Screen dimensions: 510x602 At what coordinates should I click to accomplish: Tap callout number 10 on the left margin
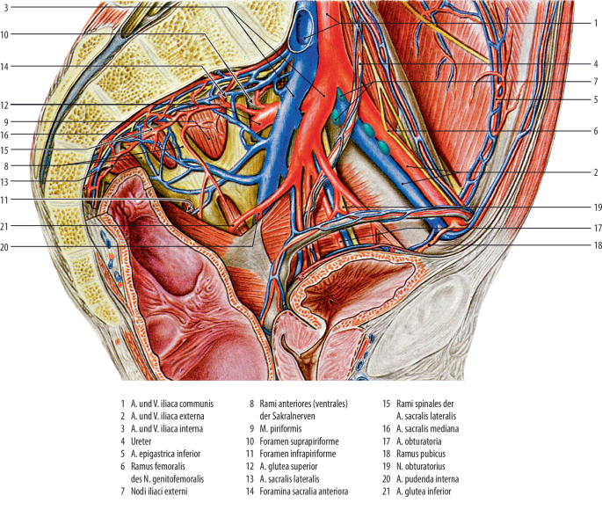tap(4, 35)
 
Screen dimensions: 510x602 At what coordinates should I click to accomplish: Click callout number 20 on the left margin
tap(4, 247)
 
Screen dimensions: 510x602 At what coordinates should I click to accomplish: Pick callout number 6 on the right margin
tap(595, 130)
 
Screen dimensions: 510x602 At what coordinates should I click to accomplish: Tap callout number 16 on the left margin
tap(4, 135)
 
